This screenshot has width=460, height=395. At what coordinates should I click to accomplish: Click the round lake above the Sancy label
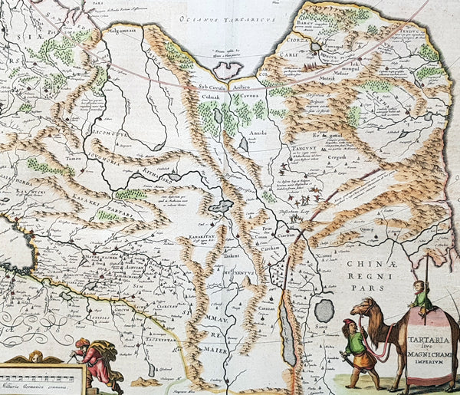[x=324, y=311]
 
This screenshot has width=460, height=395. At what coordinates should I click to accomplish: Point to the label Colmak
[x=210, y=97]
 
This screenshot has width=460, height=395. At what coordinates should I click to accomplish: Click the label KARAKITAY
[x=201, y=239]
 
